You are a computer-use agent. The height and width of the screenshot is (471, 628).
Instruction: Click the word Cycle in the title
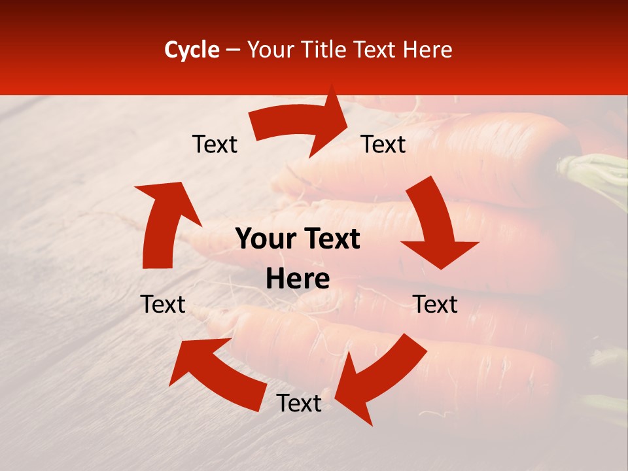click(192, 50)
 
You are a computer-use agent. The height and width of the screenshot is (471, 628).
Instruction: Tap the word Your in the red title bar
click(271, 50)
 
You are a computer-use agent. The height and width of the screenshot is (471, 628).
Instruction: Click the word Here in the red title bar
click(428, 50)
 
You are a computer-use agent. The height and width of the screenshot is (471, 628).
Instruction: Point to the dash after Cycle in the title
click(233, 50)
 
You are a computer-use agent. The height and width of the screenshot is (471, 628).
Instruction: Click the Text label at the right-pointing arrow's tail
click(215, 144)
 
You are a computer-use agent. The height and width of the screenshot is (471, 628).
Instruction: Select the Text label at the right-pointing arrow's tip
click(383, 144)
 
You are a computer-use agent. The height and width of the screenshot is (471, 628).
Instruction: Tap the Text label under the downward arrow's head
click(435, 304)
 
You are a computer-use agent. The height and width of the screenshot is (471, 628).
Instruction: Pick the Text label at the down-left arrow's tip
click(299, 403)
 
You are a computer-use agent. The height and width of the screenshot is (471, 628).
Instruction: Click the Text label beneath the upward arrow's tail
click(163, 304)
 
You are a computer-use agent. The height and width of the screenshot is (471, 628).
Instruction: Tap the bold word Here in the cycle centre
click(298, 279)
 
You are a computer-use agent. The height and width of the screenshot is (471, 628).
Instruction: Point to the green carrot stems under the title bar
click(595, 173)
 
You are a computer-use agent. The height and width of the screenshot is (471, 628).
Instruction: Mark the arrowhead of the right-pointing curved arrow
click(334, 121)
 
